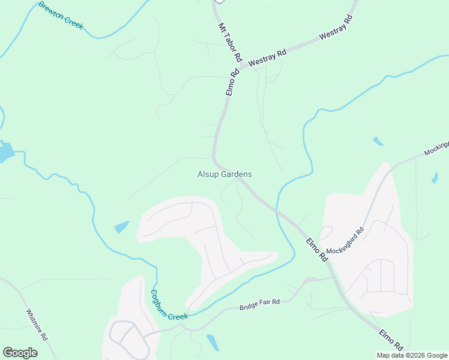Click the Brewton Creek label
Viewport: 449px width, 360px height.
pyautogui.click(x=61, y=16)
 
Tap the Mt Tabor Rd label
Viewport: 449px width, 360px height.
pyautogui.click(x=229, y=44)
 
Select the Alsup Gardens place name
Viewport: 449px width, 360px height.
pyautogui.click(x=224, y=174)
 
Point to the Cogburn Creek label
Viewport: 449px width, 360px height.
pyautogui.click(x=169, y=305)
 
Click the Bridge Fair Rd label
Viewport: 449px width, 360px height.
pyautogui.click(x=260, y=304)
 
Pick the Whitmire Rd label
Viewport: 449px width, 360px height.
pyautogui.click(x=37, y=325)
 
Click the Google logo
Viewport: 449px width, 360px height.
pyautogui.click(x=20, y=352)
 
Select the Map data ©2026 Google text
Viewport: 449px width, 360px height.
pyautogui.click(x=412, y=355)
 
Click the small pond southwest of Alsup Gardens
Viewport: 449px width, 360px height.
pyautogui.click(x=121, y=227)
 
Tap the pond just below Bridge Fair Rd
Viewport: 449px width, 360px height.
pyautogui.click(x=212, y=342)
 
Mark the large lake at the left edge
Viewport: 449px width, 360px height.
pyautogui.click(x=5, y=152)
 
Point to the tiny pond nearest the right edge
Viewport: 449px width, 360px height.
pyautogui.click(x=434, y=178)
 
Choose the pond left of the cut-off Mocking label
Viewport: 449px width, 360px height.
pyautogui.click(x=378, y=142)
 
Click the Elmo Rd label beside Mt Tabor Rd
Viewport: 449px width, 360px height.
pyautogui.click(x=232, y=82)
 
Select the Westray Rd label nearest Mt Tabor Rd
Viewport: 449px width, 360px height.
pyautogui.click(x=267, y=58)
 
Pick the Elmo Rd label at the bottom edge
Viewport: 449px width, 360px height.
pyautogui.click(x=391, y=339)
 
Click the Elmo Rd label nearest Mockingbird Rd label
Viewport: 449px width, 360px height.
pyautogui.click(x=316, y=250)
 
